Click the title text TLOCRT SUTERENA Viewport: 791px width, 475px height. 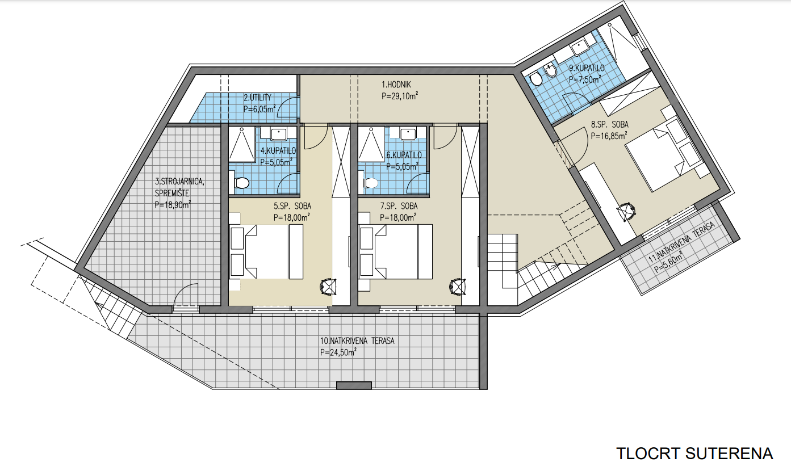[x=694, y=453]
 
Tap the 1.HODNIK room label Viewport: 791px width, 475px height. [x=396, y=85]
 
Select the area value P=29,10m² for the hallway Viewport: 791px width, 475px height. [x=400, y=96]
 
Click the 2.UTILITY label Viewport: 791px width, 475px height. [x=257, y=98]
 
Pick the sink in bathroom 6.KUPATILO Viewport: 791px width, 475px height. [x=408, y=134]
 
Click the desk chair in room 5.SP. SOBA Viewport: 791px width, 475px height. [x=328, y=286]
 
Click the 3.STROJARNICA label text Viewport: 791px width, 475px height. [x=180, y=182]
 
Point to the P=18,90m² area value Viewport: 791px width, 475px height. [x=173, y=204]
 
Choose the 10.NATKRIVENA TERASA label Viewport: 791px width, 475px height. [x=357, y=341]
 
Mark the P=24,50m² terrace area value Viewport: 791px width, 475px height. [x=338, y=352]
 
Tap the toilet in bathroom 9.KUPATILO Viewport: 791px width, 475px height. [x=537, y=78]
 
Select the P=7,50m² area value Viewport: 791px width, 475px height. [x=585, y=79]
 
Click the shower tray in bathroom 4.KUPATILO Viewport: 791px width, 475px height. [x=242, y=144]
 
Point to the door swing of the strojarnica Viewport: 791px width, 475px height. [x=185, y=295]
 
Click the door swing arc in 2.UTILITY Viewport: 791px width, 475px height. [x=287, y=106]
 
